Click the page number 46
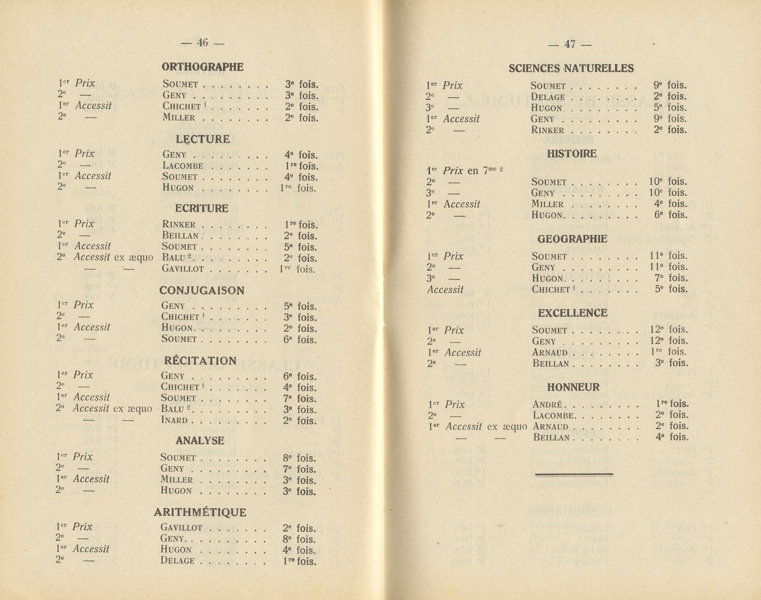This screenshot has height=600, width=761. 202,43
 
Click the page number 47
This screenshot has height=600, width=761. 570,45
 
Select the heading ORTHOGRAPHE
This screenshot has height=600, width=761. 202,67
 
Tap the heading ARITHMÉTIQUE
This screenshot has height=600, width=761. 200,512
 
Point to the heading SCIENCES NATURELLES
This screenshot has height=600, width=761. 571,68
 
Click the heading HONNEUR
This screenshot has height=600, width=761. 573,387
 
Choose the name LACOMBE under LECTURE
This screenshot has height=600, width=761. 183,166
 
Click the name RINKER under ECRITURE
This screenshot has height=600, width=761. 179,224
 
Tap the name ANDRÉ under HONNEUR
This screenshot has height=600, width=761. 547,404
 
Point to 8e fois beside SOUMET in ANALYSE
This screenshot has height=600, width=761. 299,458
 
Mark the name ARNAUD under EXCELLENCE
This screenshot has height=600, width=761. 550,352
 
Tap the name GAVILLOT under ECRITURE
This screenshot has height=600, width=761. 183,269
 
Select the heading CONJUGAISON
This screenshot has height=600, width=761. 201,291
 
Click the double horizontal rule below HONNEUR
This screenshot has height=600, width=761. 574,474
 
